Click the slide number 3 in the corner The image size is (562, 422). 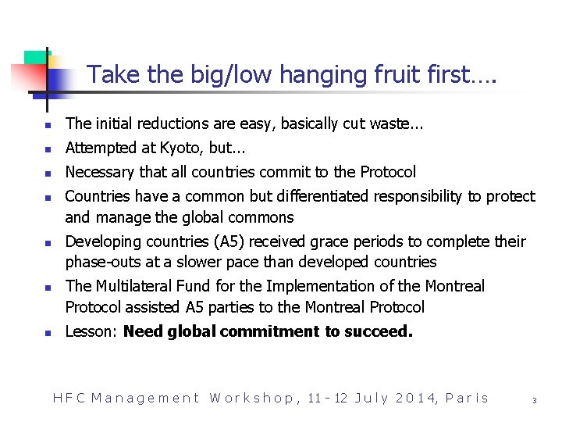534,399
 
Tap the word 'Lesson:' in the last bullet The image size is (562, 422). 91,331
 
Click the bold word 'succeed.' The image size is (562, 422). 377,331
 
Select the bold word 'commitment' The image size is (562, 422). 271,331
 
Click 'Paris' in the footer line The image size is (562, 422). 467,398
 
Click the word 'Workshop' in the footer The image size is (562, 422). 251,398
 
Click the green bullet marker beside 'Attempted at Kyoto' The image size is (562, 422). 47,149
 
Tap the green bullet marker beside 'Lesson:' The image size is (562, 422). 47,333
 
